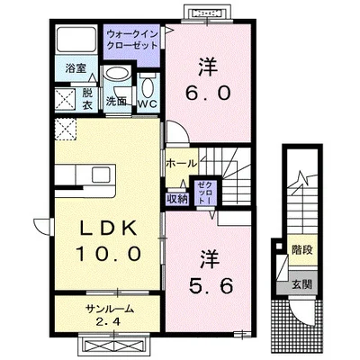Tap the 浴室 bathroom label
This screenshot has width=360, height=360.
tap(75, 68)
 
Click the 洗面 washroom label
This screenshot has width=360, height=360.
tap(115, 102)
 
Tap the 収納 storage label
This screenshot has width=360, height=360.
tap(176, 197)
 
